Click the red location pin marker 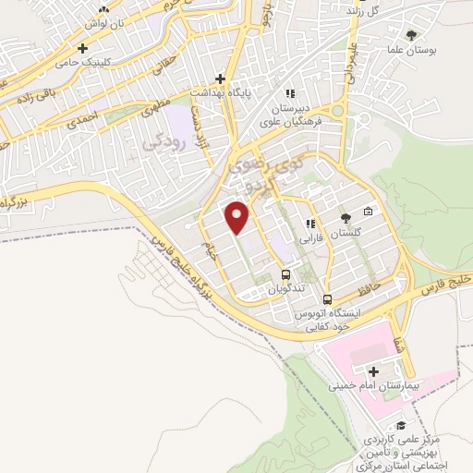237,218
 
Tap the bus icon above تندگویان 285,274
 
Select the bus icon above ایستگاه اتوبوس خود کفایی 328,299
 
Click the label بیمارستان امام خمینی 379,382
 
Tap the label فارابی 308,237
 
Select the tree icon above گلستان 346,218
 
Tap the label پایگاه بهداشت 223,93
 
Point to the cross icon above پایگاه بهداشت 221,79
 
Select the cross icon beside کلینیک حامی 84,47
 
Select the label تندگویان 285,289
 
